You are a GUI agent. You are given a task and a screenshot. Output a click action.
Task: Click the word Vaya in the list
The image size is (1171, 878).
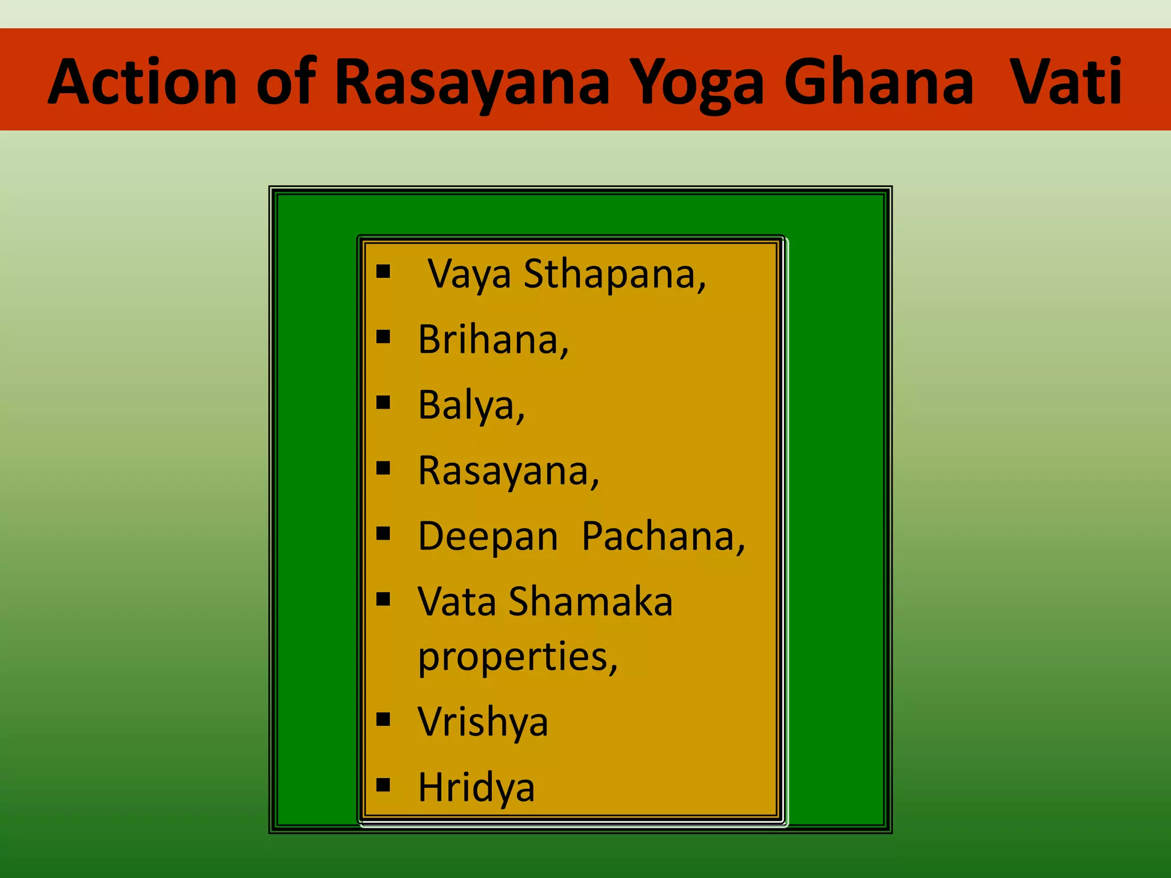click(x=469, y=275)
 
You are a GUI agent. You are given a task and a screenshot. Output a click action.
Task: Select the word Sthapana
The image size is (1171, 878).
click(x=615, y=275)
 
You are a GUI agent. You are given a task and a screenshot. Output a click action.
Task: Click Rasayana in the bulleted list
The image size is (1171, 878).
click(x=508, y=471)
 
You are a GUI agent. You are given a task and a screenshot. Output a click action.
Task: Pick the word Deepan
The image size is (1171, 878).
click(x=488, y=537)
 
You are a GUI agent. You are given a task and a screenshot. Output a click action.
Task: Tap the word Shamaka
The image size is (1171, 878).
click(x=591, y=601)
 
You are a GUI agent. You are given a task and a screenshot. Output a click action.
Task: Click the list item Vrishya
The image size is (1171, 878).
click(x=483, y=721)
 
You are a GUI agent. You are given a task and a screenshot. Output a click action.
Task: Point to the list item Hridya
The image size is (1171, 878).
click(x=476, y=788)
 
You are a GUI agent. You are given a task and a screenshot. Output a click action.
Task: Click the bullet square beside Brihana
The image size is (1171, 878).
click(x=383, y=337)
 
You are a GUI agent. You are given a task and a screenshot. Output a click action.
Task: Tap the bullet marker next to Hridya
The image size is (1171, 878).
click(x=383, y=784)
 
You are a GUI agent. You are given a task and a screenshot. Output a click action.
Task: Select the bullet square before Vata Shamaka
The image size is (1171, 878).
click(x=383, y=599)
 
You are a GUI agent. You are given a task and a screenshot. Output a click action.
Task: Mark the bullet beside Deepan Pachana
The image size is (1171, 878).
click(x=383, y=534)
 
